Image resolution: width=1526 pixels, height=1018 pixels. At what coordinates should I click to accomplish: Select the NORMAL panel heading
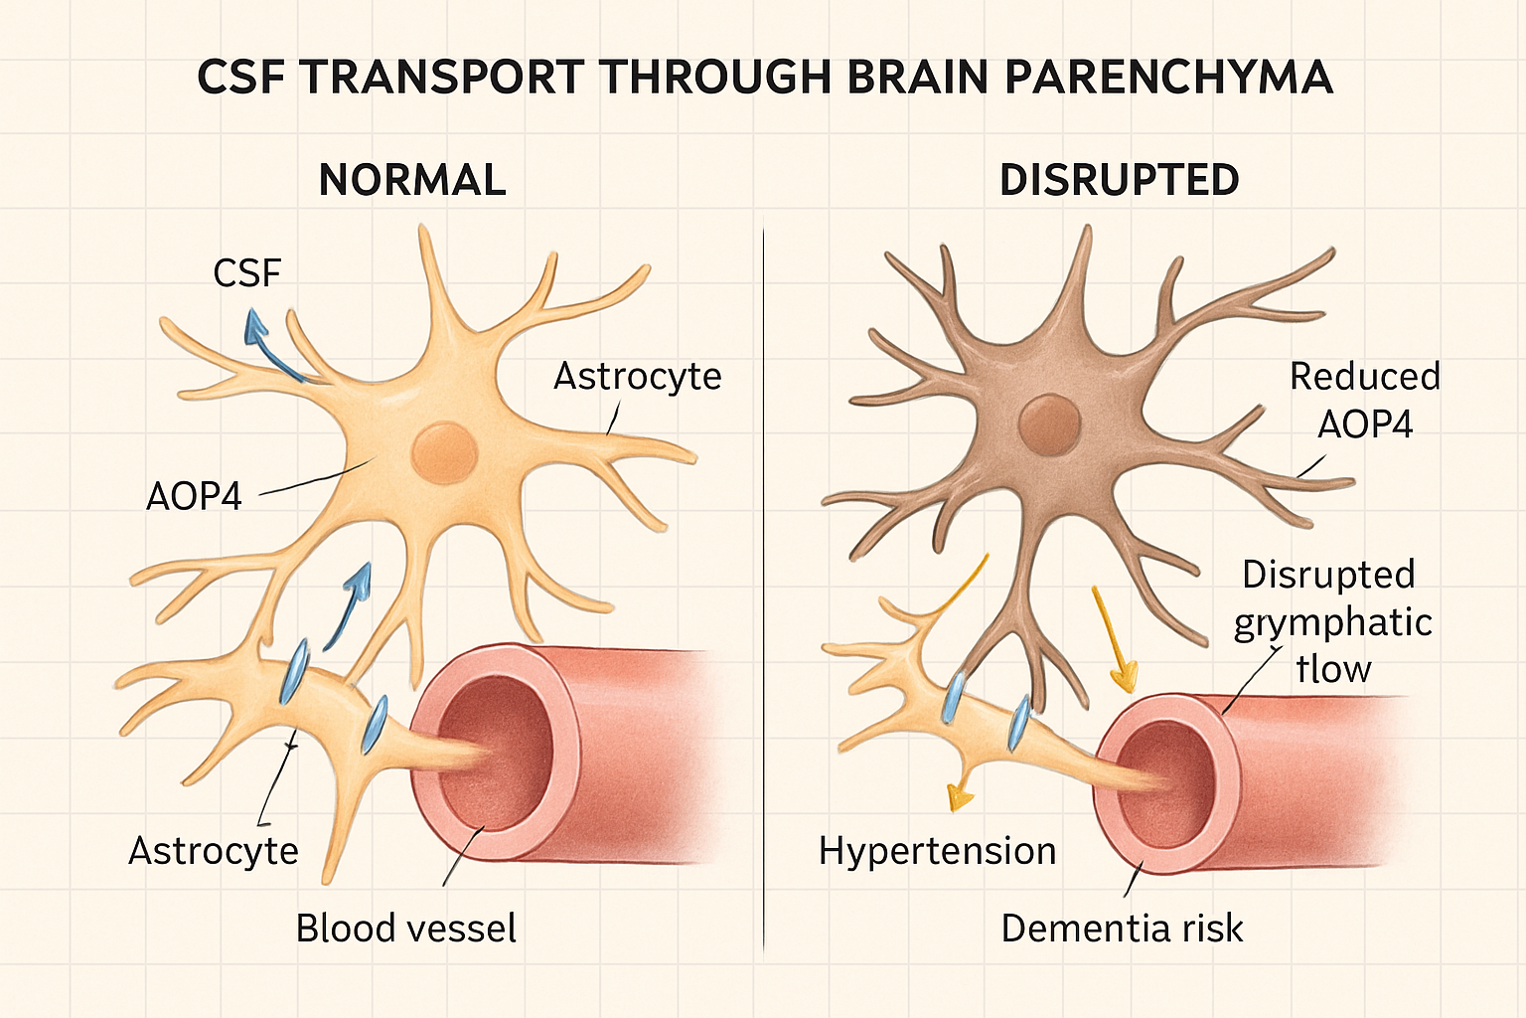click(412, 180)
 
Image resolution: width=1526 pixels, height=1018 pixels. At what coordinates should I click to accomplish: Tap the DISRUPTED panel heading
click(1119, 180)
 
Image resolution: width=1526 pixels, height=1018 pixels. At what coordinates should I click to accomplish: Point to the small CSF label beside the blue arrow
click(247, 272)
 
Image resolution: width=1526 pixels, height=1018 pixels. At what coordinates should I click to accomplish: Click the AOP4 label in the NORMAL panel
click(194, 495)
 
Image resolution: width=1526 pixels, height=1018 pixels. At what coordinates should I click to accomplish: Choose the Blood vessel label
click(405, 928)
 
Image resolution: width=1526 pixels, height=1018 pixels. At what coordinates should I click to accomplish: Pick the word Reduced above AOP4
click(1364, 376)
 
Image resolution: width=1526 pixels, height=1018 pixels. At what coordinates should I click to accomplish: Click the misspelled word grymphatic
click(1332, 623)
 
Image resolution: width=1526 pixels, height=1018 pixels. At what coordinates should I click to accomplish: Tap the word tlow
click(1333, 669)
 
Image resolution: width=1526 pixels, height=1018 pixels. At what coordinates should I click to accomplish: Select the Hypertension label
click(937, 851)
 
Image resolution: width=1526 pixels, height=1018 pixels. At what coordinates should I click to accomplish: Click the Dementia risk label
click(1122, 928)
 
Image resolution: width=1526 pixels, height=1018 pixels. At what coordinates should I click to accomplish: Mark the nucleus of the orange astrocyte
click(443, 452)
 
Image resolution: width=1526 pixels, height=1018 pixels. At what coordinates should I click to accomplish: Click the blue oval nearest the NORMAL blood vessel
click(375, 726)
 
